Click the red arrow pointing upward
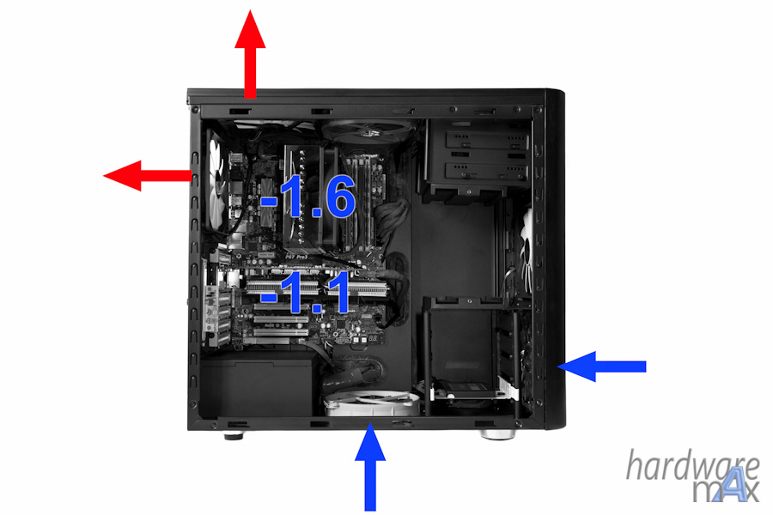[x=250, y=54]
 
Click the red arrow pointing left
[x=148, y=175]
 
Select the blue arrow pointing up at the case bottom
[x=370, y=467]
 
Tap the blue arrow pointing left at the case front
[x=601, y=367]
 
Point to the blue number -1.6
[x=307, y=197]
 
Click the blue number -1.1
[x=305, y=292]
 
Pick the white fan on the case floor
[x=372, y=403]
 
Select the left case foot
[x=234, y=436]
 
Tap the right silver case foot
[x=497, y=434]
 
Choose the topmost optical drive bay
[x=485, y=141]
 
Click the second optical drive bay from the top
[x=485, y=171]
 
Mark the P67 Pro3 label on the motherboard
[x=297, y=257]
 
